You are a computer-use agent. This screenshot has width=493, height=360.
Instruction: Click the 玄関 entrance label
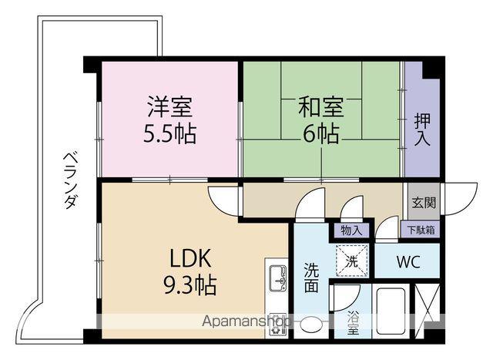pyautogui.click(x=423, y=204)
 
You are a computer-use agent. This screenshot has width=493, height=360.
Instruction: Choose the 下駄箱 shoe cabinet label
pyautogui.click(x=421, y=229)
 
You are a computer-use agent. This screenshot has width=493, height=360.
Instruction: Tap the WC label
pyautogui.click(x=407, y=261)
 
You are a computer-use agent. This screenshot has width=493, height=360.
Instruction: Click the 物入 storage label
pyautogui.click(x=350, y=229)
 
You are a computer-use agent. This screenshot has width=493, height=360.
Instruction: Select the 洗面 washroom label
pyautogui.click(x=310, y=278)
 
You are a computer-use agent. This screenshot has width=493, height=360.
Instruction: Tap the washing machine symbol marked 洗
pyautogui.click(x=351, y=260)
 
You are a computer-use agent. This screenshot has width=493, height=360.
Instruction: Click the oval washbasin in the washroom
pyautogui.click(x=311, y=325)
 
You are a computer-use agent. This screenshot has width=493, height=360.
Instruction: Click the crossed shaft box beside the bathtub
pyautogui.click(x=427, y=310)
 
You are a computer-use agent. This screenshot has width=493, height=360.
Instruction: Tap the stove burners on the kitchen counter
pyautogui.click(x=277, y=323)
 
